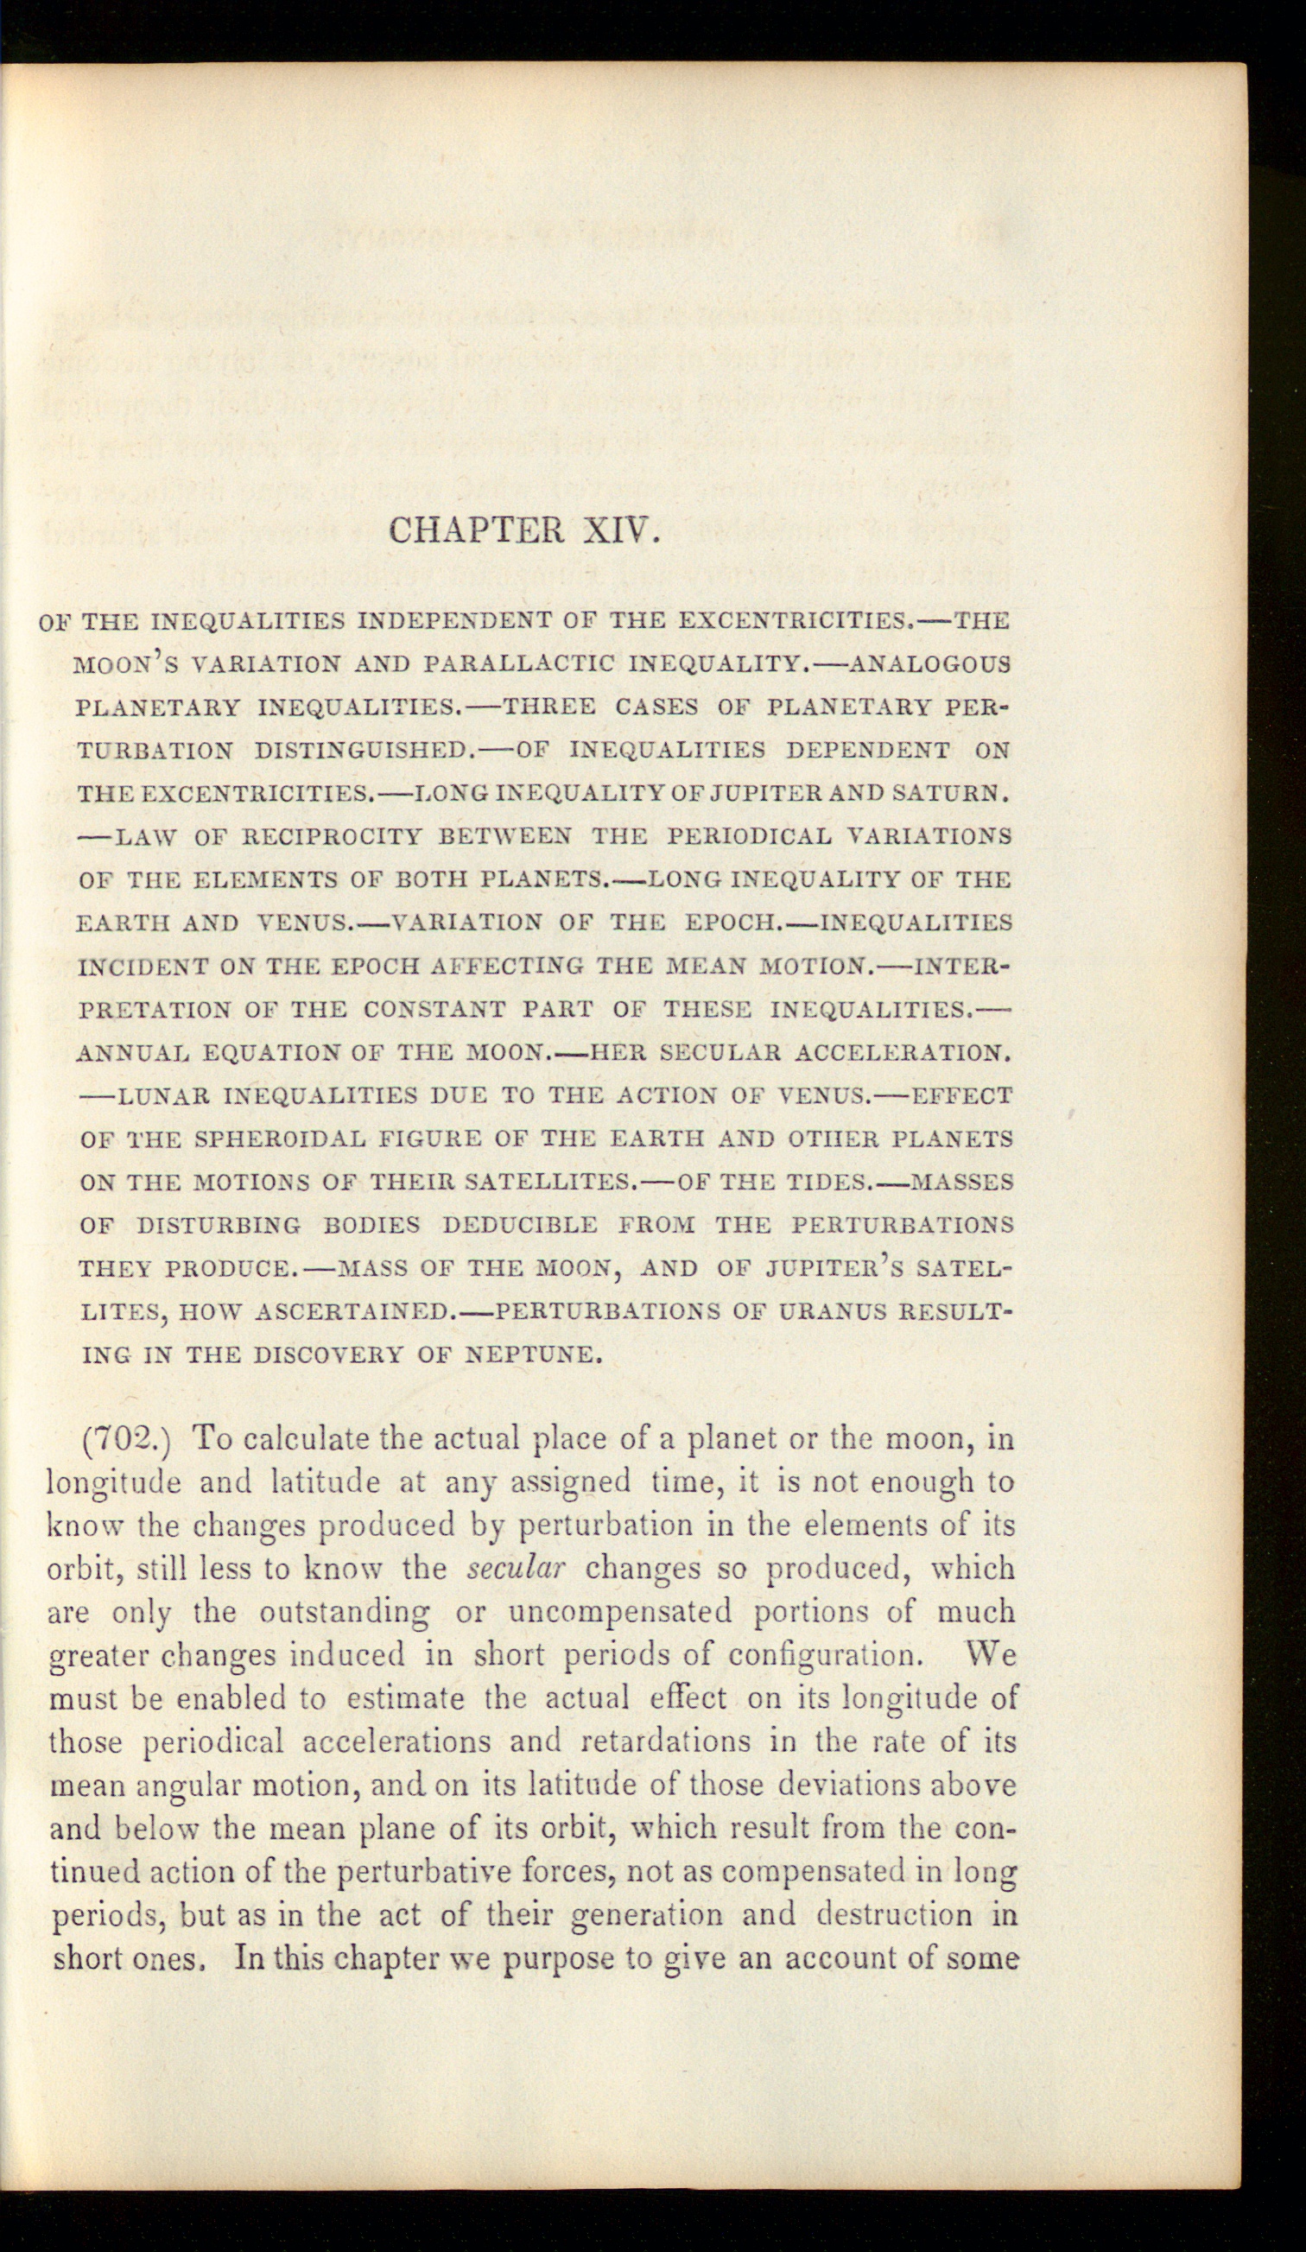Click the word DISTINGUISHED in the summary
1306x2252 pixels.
pyautogui.click(x=360, y=750)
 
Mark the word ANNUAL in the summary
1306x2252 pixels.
pyautogui.click(x=132, y=1053)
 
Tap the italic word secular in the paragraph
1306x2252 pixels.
pyautogui.click(x=516, y=1569)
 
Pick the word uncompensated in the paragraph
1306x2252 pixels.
pyautogui.click(x=620, y=1611)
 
